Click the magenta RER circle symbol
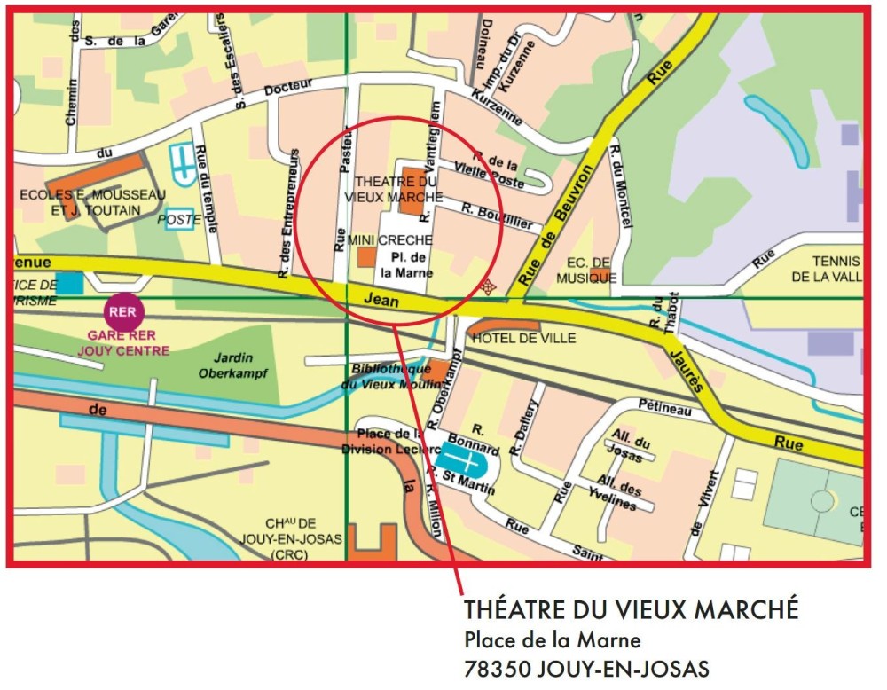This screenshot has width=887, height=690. [122, 311]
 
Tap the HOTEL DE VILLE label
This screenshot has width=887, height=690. [523, 339]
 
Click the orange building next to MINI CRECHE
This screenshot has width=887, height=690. [366, 258]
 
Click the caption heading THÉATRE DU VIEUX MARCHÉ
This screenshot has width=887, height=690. [631, 610]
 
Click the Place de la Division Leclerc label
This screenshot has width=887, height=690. [388, 442]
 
